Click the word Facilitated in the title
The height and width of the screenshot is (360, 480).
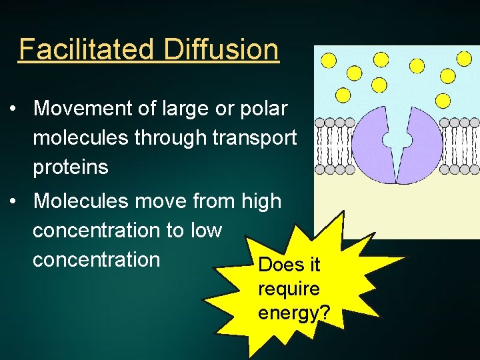point(87,49)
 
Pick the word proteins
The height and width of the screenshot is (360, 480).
point(71,167)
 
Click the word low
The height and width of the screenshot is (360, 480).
point(205,230)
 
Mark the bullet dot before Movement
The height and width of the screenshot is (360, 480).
point(14,109)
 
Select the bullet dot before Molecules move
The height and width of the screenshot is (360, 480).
point(14,201)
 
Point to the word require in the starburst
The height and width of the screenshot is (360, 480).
point(289,289)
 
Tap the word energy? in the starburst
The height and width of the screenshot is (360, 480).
point(293,313)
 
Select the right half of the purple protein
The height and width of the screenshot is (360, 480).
point(420,143)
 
